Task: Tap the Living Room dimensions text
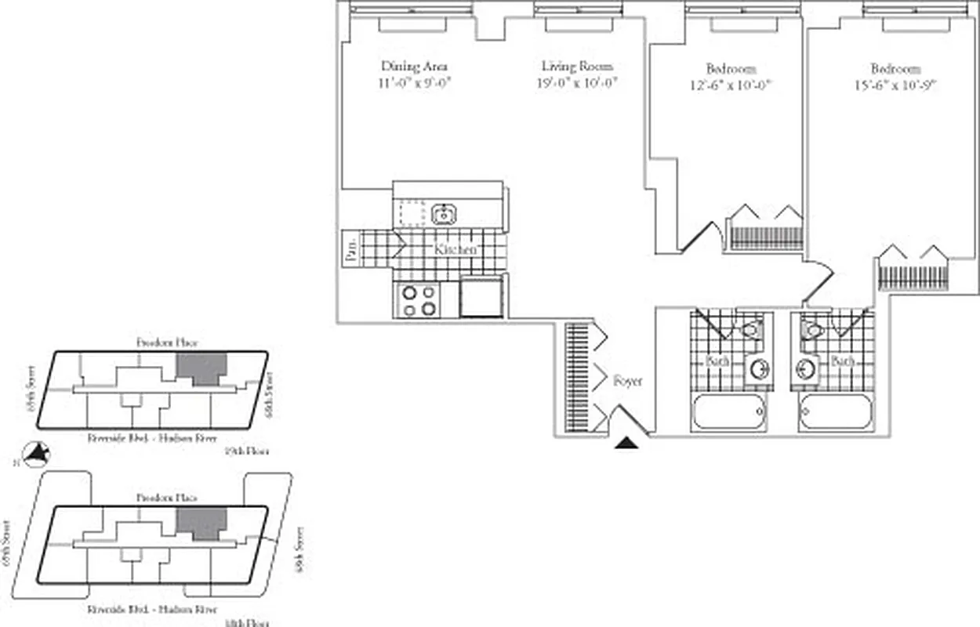[x=576, y=83]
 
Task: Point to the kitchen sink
[x=445, y=212]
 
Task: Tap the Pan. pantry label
[x=350, y=251]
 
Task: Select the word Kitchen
[x=456, y=248]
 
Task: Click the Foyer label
[x=627, y=381]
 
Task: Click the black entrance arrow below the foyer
[x=626, y=444]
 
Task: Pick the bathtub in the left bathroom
[x=729, y=411]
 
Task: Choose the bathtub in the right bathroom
[x=836, y=411]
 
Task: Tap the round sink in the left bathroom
[x=758, y=368]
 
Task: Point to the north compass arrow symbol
[x=37, y=453]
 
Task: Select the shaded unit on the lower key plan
[x=201, y=523]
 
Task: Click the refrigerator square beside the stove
[x=481, y=298]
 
